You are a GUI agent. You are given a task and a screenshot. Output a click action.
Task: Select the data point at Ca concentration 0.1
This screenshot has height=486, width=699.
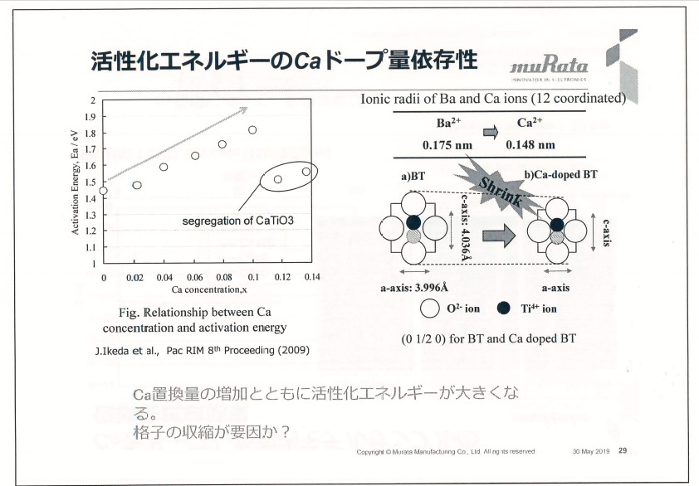pyautogui.click(x=252, y=130)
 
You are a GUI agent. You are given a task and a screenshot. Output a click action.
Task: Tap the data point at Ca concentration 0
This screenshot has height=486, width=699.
pyautogui.click(x=103, y=191)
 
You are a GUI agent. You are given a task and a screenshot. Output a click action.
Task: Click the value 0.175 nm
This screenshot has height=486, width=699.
pyautogui.click(x=447, y=144)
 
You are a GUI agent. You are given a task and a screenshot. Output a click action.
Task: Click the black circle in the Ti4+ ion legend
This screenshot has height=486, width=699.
pyautogui.click(x=502, y=309)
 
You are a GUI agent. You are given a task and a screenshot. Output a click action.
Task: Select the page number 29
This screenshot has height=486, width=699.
pyautogui.click(x=623, y=451)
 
